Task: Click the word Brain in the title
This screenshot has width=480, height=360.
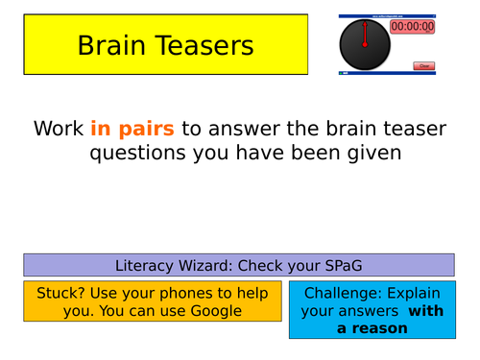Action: [112, 45]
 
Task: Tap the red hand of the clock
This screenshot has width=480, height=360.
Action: [365, 33]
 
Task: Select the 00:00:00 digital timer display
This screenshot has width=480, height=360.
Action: [412, 27]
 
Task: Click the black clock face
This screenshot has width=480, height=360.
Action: [365, 45]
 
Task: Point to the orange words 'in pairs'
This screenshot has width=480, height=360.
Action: [132, 129]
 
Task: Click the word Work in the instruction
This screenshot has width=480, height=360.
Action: [59, 129]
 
